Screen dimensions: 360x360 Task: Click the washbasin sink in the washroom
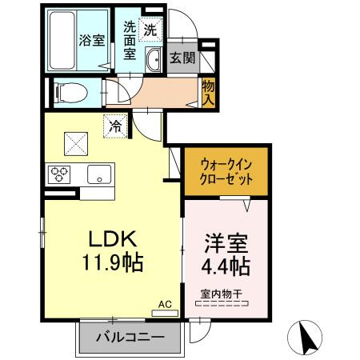coord(154,58)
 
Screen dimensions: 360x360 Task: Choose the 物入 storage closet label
coord(208,91)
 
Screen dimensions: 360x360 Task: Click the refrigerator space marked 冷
coord(115,125)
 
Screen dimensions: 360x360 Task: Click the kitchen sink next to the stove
coord(100,173)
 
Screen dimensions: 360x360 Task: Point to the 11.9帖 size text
coord(112,261)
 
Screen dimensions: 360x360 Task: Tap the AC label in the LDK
coord(165,304)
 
